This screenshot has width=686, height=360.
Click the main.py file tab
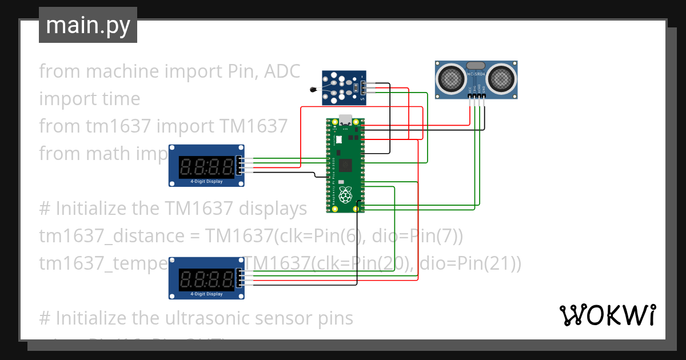pos(87,26)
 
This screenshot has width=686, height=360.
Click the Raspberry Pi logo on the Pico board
pos(345,196)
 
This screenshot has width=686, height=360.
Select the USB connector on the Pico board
pos(345,121)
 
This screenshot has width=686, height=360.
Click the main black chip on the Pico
pos(345,165)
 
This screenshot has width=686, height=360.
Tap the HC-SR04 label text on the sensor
pos(476,74)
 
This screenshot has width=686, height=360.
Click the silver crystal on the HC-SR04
pos(476,65)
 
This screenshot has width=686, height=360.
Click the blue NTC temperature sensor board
pos(343,87)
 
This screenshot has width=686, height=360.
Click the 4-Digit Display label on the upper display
pos(206,182)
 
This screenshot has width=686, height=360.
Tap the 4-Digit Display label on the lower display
pos(206,294)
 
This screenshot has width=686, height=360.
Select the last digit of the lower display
pos(227,278)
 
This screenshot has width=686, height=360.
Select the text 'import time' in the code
pos(89,98)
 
